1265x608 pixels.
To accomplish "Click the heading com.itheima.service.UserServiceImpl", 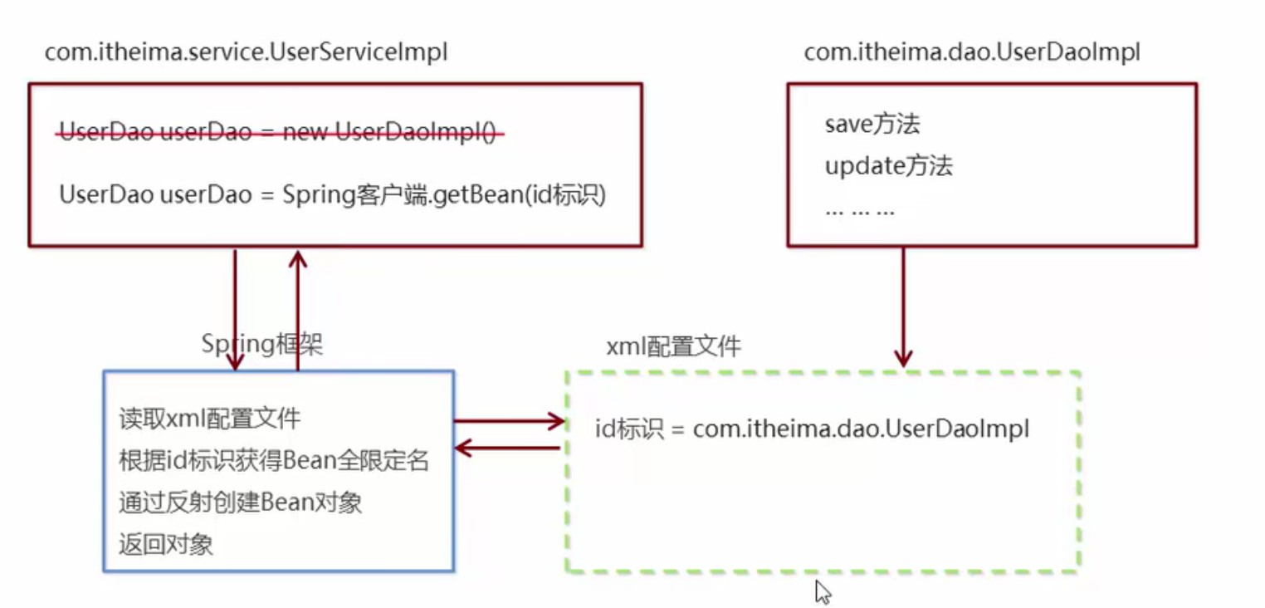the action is (x=247, y=52).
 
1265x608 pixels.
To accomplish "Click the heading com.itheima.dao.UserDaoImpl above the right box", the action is (x=972, y=52).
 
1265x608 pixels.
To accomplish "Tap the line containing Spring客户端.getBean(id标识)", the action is (x=332, y=195).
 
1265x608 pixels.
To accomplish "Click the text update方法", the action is (x=889, y=166).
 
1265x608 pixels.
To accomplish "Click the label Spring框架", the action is (x=262, y=344).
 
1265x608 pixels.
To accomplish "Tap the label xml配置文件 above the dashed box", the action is (x=673, y=346).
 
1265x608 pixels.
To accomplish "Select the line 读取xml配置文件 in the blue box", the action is (x=209, y=419).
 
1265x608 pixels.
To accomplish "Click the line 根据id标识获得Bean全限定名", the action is (x=274, y=460).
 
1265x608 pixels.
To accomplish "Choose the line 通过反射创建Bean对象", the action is (x=240, y=503).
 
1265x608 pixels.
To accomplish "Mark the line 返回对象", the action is (x=166, y=544).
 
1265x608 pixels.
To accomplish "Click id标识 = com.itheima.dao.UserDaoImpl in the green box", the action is (x=812, y=429).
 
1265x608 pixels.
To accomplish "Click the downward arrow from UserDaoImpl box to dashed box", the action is (x=903, y=307).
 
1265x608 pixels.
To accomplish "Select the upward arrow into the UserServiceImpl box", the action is (x=298, y=311).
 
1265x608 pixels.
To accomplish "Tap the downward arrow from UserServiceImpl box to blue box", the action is (x=235, y=311).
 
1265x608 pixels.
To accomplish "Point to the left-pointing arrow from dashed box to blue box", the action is (x=507, y=449).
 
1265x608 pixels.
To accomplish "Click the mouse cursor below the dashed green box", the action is (x=823, y=591).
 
